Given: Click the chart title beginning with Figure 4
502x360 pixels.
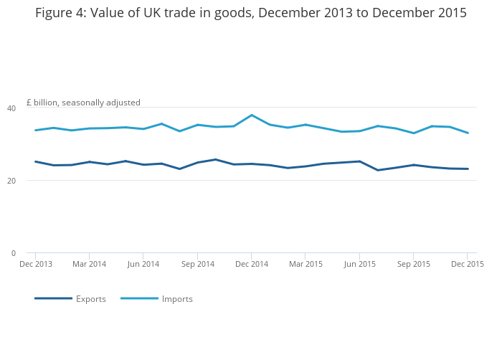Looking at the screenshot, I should coord(251,13).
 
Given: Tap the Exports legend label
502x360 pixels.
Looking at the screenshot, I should coord(91,299).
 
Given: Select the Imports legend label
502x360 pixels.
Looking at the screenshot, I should coord(177,299).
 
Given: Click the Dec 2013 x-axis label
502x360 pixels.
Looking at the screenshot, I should coord(35,264).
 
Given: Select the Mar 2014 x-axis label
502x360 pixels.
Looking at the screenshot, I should coord(89,264).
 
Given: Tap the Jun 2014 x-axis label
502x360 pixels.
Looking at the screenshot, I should coord(143,264).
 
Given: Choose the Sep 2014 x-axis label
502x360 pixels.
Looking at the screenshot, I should coord(197,264).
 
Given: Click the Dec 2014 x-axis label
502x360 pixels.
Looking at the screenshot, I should coord(251,264).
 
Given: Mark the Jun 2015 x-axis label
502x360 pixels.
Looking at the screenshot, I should coord(359,264).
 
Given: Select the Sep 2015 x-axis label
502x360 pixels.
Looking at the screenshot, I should coord(413,264).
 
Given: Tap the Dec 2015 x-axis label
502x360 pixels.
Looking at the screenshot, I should coord(467,264).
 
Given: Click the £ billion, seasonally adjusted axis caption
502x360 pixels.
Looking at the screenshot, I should coord(83,103).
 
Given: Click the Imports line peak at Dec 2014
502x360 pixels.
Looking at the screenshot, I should coord(251,115).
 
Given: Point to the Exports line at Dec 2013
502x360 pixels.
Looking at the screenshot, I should coord(35,161).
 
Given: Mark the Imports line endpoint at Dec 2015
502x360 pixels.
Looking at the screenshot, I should coord(468,133).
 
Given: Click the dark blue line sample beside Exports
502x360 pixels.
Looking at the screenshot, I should coord(53,298).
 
